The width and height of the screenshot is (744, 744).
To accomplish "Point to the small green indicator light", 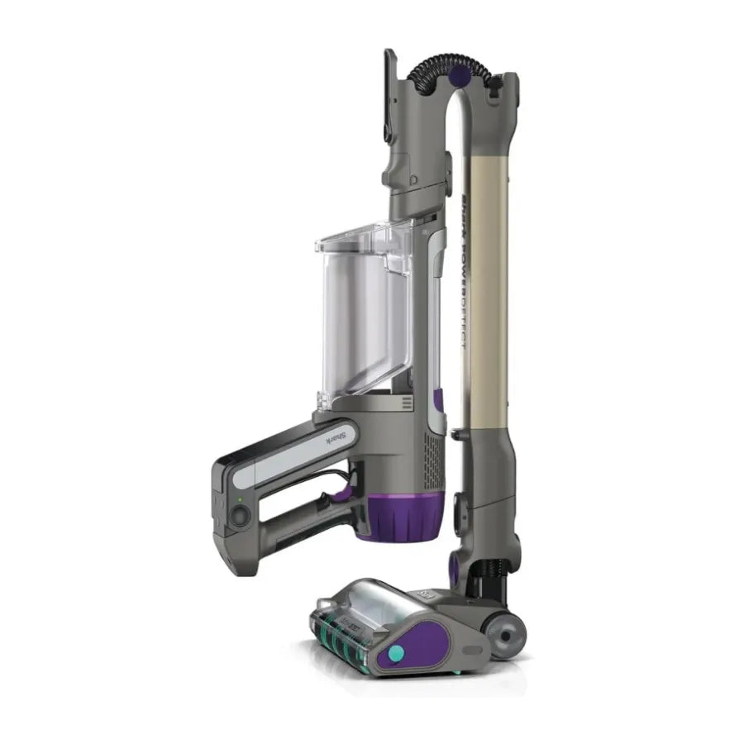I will coord(239,498).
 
